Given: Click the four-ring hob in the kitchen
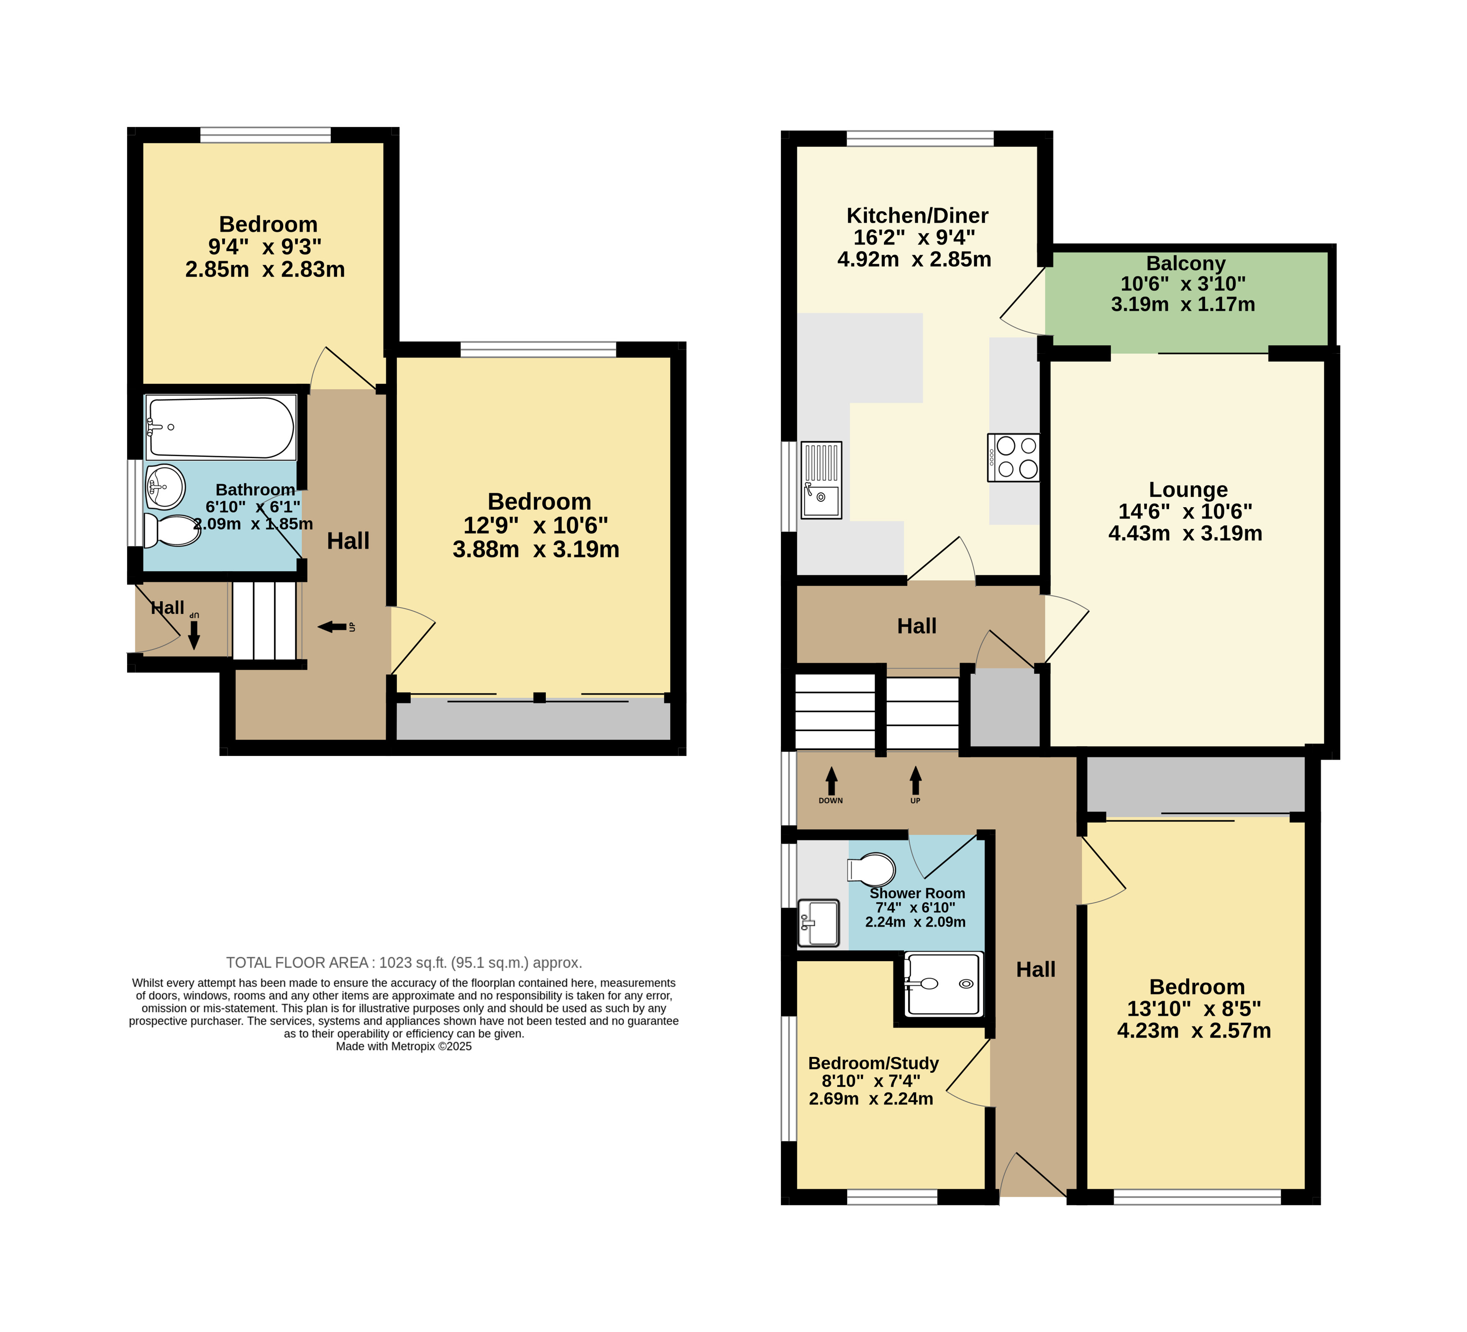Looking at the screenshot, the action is pyautogui.click(x=1014, y=457).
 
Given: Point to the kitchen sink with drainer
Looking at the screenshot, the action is pyautogui.click(x=822, y=480).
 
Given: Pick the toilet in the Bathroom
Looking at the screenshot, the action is pyautogui.click(x=172, y=530).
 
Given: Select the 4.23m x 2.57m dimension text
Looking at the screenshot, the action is pyautogui.click(x=1194, y=1031).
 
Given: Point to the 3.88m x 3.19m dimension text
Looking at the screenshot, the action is pyautogui.click(x=536, y=549).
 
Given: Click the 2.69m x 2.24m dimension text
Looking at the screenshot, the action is pyautogui.click(x=871, y=1098).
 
